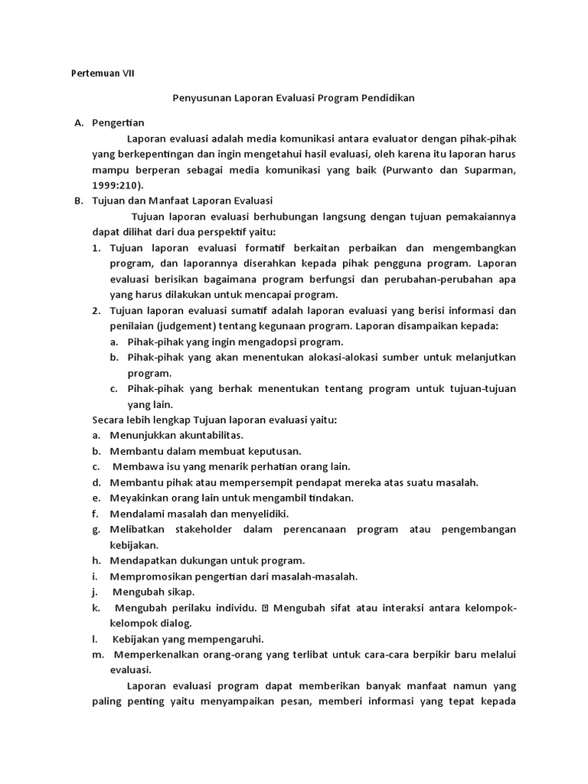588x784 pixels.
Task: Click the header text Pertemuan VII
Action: (102, 73)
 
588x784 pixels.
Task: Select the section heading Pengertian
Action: (118, 122)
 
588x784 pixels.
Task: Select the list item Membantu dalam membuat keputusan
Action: (205, 451)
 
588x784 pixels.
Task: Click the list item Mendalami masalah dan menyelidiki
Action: (199, 514)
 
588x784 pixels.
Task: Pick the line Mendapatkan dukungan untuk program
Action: (207, 560)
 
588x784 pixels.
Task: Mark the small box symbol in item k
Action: (265, 608)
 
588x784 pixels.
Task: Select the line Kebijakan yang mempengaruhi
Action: (188, 639)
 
